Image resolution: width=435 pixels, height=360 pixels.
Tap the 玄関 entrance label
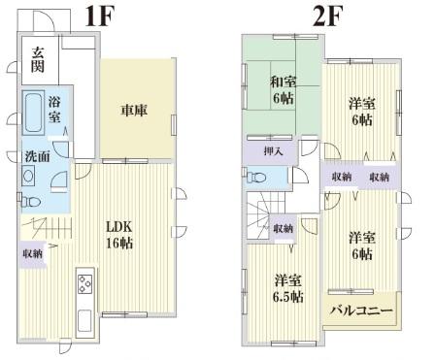click(36, 60)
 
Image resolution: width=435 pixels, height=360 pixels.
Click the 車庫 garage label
click(134, 110)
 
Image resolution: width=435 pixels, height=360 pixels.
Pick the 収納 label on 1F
click(32, 253)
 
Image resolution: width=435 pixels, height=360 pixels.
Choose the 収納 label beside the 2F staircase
click(283, 228)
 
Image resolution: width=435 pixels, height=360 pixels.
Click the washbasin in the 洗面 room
click(28, 176)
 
